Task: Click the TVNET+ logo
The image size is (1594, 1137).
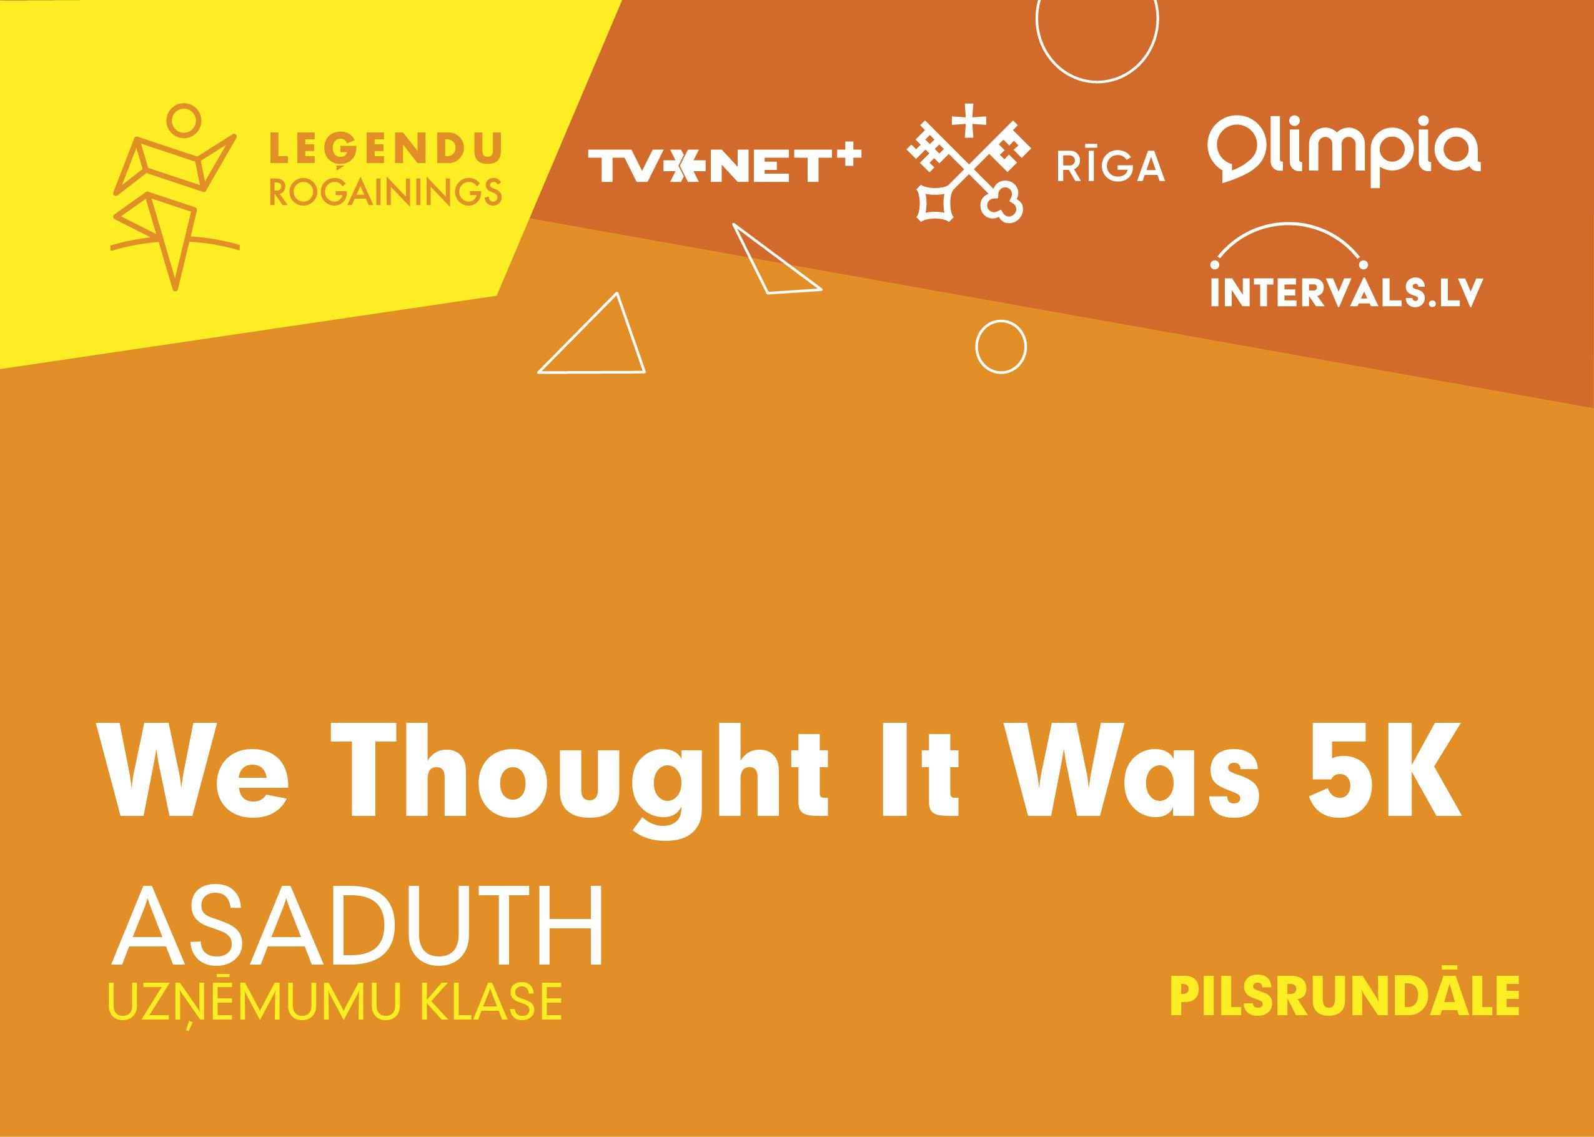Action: (725, 164)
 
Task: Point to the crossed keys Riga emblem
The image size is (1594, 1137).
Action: (968, 164)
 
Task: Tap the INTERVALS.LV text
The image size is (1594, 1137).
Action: (1347, 292)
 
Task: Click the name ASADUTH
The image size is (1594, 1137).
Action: (355, 926)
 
